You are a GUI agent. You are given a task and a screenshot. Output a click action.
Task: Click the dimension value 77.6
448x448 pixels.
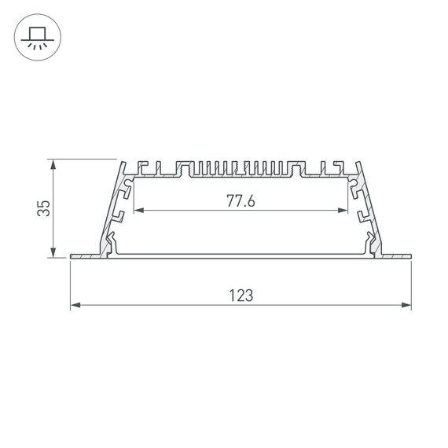tap(241, 201)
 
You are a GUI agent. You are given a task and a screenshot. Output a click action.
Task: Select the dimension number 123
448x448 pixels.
tap(241, 296)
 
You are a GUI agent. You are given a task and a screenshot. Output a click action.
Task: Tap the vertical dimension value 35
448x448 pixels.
tap(45, 208)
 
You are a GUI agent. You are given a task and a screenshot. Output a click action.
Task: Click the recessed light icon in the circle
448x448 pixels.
tap(36, 36)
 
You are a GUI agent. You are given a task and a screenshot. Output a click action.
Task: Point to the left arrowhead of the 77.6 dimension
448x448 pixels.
tap(138, 211)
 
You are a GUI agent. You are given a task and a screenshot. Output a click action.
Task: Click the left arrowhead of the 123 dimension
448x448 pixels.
tap(75, 305)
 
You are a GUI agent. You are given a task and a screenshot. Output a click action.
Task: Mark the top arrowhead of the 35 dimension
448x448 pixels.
tap(53, 164)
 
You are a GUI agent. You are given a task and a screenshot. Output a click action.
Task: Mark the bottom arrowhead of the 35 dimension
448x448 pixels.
tap(53, 252)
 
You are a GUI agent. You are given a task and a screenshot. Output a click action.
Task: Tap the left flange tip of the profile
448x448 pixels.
tap(73, 255)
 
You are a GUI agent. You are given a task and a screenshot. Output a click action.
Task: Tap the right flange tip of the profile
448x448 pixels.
tap(409, 255)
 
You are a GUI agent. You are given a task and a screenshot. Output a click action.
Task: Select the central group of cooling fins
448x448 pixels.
tap(241, 168)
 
